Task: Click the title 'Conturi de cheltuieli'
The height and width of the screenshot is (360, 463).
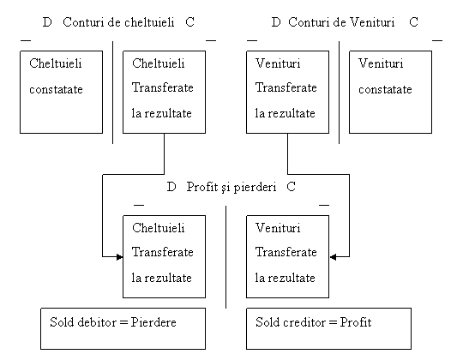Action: click(118, 22)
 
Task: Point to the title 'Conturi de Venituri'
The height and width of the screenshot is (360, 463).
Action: click(341, 22)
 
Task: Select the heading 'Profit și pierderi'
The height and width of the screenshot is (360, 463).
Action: click(231, 187)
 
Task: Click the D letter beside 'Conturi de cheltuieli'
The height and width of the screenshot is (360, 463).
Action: click(47, 22)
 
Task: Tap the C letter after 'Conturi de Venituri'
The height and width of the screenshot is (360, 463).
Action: click(413, 22)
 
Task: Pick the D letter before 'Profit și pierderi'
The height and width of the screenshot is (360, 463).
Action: click(171, 187)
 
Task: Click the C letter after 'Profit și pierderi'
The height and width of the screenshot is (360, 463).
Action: click(292, 187)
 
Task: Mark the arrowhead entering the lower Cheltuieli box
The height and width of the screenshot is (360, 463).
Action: click(120, 257)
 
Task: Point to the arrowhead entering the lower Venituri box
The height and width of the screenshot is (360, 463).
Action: click(333, 257)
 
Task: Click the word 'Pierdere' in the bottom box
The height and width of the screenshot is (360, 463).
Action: click(153, 322)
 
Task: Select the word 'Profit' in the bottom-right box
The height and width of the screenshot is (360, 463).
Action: click(356, 322)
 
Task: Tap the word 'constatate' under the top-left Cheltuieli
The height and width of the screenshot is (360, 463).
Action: click(56, 89)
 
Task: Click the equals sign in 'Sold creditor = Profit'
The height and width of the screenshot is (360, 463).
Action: click(333, 322)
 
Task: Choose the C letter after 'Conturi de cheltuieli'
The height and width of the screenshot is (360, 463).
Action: click(190, 22)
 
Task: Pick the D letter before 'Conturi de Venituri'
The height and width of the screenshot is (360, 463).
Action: click(276, 22)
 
